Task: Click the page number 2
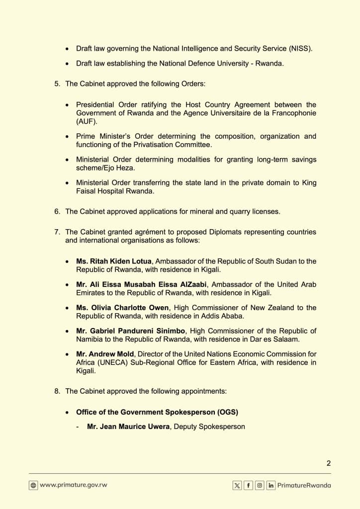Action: coord(328,463)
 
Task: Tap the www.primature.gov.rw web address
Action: coord(73,485)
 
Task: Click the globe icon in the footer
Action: coord(33,486)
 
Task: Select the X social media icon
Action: coord(237,486)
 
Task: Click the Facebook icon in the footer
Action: coord(248,486)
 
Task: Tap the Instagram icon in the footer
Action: coord(260,486)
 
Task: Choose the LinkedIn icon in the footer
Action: coord(271,486)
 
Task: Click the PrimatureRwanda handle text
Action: coord(304,486)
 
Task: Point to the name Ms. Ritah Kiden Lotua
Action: coord(114,261)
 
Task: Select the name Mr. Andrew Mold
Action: coord(105,354)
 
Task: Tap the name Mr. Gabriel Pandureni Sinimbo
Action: coord(131,331)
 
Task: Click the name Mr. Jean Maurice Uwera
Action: coord(129,426)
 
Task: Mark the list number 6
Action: coord(57,211)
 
